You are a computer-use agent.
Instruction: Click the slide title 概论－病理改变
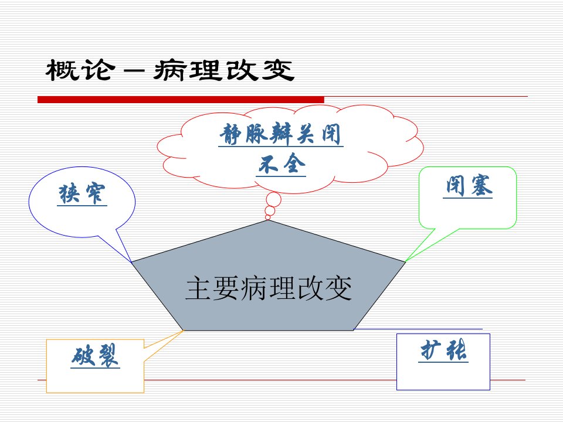point(170,70)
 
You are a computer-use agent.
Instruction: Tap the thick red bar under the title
point(181,100)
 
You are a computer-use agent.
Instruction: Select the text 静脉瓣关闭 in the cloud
point(280,134)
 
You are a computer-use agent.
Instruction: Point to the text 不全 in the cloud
point(281,164)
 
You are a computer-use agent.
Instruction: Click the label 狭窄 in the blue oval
point(82,194)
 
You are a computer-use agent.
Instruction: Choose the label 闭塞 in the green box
point(468,186)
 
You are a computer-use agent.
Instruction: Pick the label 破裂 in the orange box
point(95,355)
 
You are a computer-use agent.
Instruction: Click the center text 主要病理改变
point(269,288)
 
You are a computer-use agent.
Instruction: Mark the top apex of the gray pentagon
point(268,220)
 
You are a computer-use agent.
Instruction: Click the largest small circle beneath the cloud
point(274,199)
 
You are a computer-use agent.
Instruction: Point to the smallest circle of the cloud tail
point(267,217)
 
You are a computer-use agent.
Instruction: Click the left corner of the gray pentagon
point(132,263)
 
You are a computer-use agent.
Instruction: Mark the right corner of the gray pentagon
point(405,263)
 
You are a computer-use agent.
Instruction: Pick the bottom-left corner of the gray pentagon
point(184,330)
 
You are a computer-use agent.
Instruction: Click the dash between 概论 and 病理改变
point(134,71)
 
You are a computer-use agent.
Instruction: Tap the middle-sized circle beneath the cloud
point(270,210)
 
